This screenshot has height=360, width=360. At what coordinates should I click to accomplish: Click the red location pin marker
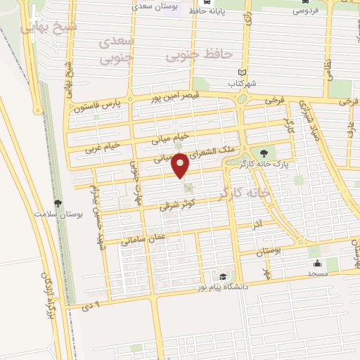(182, 165)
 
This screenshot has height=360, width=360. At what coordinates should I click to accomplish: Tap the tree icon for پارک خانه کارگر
(263, 153)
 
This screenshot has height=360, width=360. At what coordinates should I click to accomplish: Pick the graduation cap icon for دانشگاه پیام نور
(223, 276)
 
